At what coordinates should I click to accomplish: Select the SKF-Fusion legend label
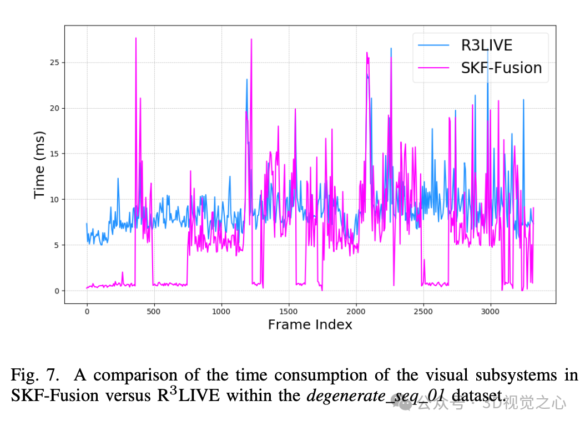tap(501, 68)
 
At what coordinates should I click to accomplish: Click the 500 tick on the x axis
tap(154, 311)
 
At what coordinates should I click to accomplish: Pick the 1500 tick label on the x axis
tap(289, 311)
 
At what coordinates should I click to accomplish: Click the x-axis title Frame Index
tap(310, 325)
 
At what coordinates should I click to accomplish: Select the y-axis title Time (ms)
tap(39, 165)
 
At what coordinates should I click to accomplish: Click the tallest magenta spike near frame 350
tap(135, 38)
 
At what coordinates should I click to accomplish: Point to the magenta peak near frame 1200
tap(251, 39)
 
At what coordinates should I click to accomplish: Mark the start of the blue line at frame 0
tap(87, 224)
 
